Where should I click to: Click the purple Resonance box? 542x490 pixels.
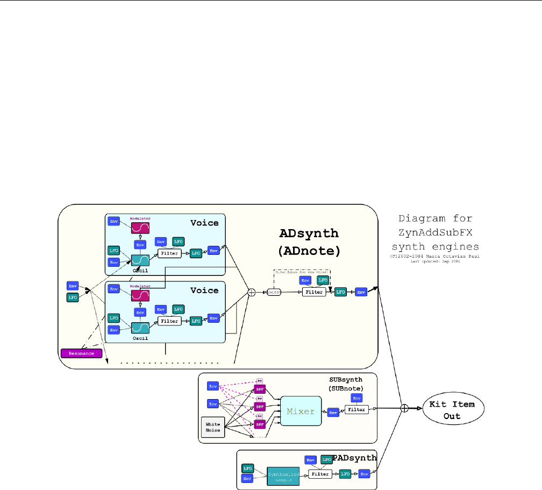tap(82, 353)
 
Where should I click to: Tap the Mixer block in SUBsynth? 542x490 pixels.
tap(301, 411)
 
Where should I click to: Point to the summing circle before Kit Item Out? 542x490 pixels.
tap(404, 408)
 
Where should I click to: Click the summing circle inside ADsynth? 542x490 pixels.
tap(251, 293)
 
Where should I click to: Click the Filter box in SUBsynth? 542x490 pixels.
tap(356, 409)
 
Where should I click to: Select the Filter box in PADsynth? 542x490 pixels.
tap(320, 474)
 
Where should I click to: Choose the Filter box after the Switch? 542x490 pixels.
tap(313, 292)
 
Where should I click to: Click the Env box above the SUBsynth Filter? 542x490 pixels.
tap(356, 397)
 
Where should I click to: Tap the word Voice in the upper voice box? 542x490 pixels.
tap(204, 223)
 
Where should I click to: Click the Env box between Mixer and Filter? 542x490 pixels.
tap(333, 412)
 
